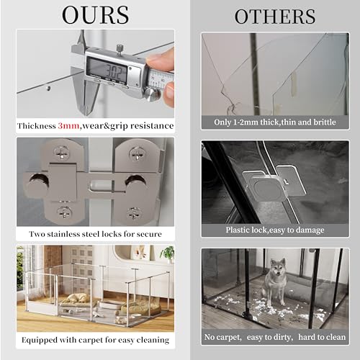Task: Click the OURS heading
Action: click(95, 15)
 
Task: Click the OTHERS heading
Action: click(275, 17)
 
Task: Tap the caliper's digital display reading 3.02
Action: click(107, 70)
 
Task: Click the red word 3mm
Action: click(68, 126)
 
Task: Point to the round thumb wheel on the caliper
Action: click(153, 94)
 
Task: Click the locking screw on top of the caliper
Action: click(119, 48)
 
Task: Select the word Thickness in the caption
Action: click(37, 126)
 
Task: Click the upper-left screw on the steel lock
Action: click(62, 153)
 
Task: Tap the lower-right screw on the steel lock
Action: click(134, 213)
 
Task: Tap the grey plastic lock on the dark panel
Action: click(271, 186)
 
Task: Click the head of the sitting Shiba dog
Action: click(278, 268)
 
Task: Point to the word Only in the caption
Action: click(222, 122)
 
